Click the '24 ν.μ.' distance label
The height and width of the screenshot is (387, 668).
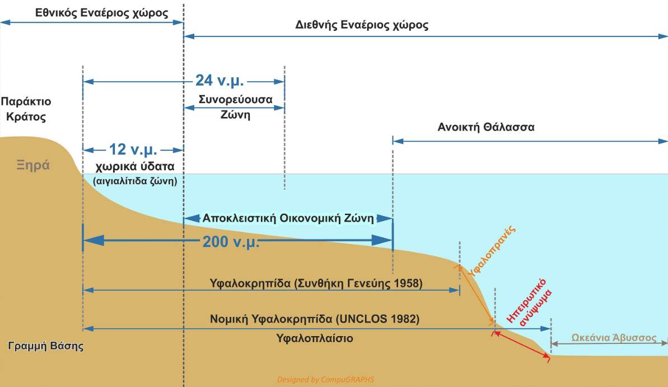(x=219, y=81)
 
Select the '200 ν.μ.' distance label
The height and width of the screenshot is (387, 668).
(x=231, y=242)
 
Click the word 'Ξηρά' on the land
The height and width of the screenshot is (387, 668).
(x=33, y=165)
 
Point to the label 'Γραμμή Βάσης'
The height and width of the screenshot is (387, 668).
(x=46, y=346)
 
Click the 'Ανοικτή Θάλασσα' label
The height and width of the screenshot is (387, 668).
(x=486, y=127)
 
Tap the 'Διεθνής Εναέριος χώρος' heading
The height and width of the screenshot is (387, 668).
(x=362, y=25)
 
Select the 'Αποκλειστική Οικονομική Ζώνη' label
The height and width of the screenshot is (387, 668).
(x=288, y=218)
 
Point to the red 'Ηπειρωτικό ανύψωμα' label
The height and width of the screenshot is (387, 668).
(x=530, y=302)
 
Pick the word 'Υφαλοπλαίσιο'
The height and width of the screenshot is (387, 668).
(x=315, y=338)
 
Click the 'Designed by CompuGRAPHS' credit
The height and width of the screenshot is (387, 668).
(x=325, y=380)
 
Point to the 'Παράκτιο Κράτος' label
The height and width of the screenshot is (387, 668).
(x=26, y=109)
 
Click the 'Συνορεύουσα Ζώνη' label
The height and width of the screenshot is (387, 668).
(x=235, y=107)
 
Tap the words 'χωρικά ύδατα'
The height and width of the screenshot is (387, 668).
(x=135, y=166)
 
